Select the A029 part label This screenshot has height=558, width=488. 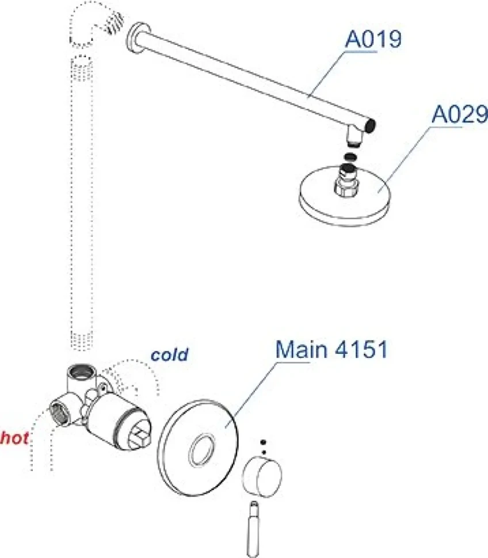[460, 114]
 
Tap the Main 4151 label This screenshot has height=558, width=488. [331, 349]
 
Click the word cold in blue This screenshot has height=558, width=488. [169, 355]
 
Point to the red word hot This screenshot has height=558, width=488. [14, 438]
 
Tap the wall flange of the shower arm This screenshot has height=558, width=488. [138, 38]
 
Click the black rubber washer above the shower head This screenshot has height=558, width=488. [350, 157]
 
